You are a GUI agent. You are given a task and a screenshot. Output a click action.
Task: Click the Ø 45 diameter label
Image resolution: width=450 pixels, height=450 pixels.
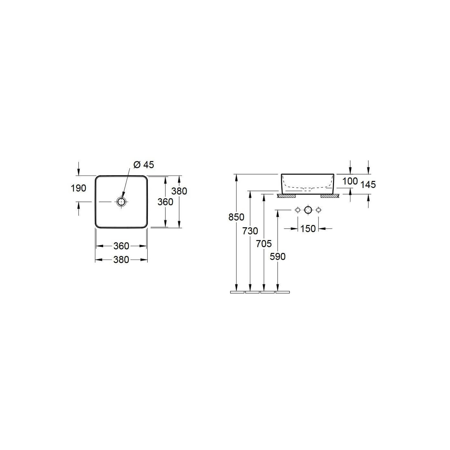pos(144,165)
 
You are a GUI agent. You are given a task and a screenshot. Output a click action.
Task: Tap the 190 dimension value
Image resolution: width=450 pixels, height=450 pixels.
pos(78,188)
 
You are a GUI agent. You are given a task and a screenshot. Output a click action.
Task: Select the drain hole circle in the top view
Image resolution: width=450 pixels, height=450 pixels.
pos(122,202)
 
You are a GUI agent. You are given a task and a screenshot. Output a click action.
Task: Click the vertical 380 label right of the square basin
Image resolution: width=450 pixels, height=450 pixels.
pos(179,191)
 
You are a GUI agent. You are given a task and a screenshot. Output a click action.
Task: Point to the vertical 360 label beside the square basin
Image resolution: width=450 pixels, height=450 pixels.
pos(165,202)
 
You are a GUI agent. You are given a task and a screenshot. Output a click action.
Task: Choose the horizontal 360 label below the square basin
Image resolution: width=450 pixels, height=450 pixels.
pos(121,246)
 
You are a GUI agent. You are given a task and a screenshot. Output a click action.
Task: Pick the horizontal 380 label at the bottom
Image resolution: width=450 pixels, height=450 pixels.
pos(121,260)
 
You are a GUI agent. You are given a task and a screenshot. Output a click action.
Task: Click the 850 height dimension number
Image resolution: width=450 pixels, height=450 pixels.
pos(236,217)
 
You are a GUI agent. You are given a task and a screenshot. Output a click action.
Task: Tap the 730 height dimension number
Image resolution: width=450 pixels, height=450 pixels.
pos(250,231)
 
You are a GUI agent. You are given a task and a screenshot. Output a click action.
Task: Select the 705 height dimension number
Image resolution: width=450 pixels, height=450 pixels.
pos(264,244)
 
